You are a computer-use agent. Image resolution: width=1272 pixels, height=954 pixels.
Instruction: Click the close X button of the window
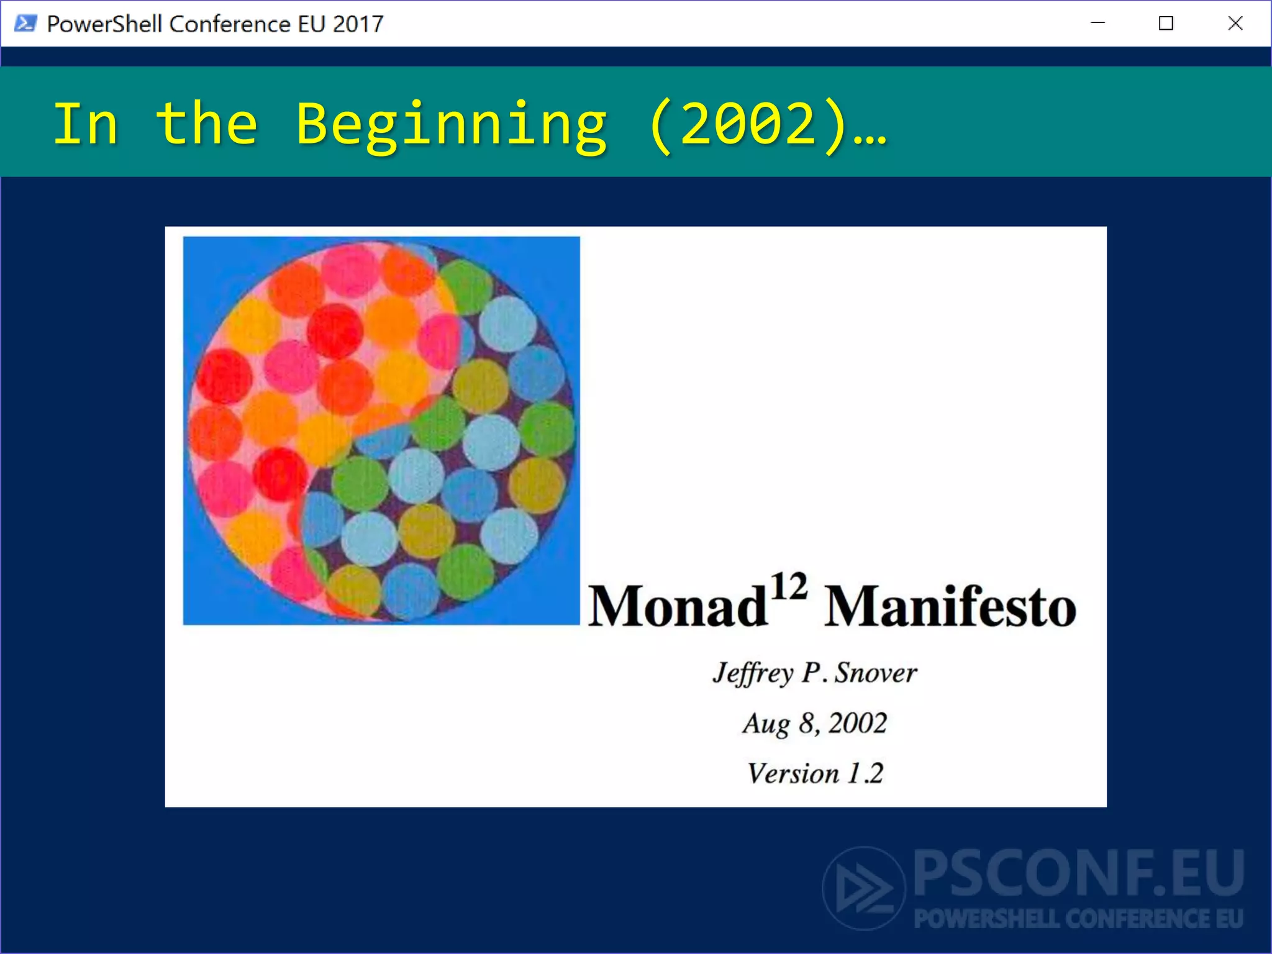(1235, 24)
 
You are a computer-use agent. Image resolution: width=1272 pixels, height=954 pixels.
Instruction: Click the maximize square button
(1166, 24)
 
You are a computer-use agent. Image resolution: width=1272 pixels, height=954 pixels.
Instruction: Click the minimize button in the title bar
(1097, 24)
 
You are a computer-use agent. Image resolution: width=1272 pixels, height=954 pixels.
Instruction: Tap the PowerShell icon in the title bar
(25, 24)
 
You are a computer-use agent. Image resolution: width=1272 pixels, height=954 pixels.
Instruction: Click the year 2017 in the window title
(358, 24)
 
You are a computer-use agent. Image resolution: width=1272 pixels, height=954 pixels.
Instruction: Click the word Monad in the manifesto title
(676, 607)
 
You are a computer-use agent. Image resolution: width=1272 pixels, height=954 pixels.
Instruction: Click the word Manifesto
(950, 607)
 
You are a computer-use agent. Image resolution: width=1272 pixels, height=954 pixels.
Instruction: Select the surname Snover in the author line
(874, 673)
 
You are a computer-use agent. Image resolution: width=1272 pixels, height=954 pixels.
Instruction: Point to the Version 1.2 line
(814, 774)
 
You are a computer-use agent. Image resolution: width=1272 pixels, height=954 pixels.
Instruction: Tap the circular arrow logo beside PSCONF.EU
(863, 888)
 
